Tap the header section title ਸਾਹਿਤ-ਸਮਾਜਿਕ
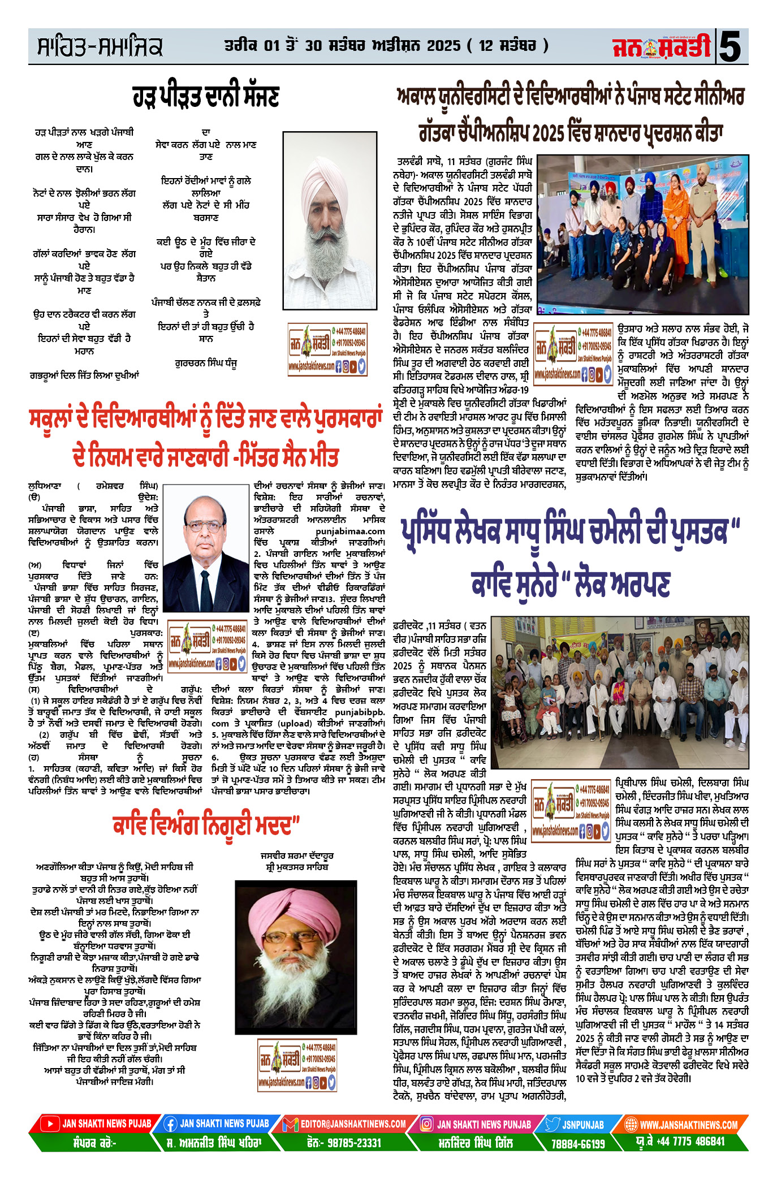[x=100, y=47]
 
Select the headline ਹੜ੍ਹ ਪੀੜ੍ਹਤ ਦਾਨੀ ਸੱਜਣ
[x=206, y=96]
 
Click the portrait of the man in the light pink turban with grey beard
[x=330, y=221]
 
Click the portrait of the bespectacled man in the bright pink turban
[x=295, y=941]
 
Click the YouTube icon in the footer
[x=50, y=1123]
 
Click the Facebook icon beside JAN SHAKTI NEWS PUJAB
[x=170, y=1123]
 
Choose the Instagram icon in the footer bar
[x=427, y=1123]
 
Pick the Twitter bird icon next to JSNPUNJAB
[x=552, y=1123]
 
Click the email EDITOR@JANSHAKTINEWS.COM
[x=353, y=1123]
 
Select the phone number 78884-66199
[x=578, y=1143]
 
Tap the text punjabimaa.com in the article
[x=350, y=531]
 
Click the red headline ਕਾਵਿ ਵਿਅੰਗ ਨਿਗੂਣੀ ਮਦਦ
[x=205, y=826]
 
